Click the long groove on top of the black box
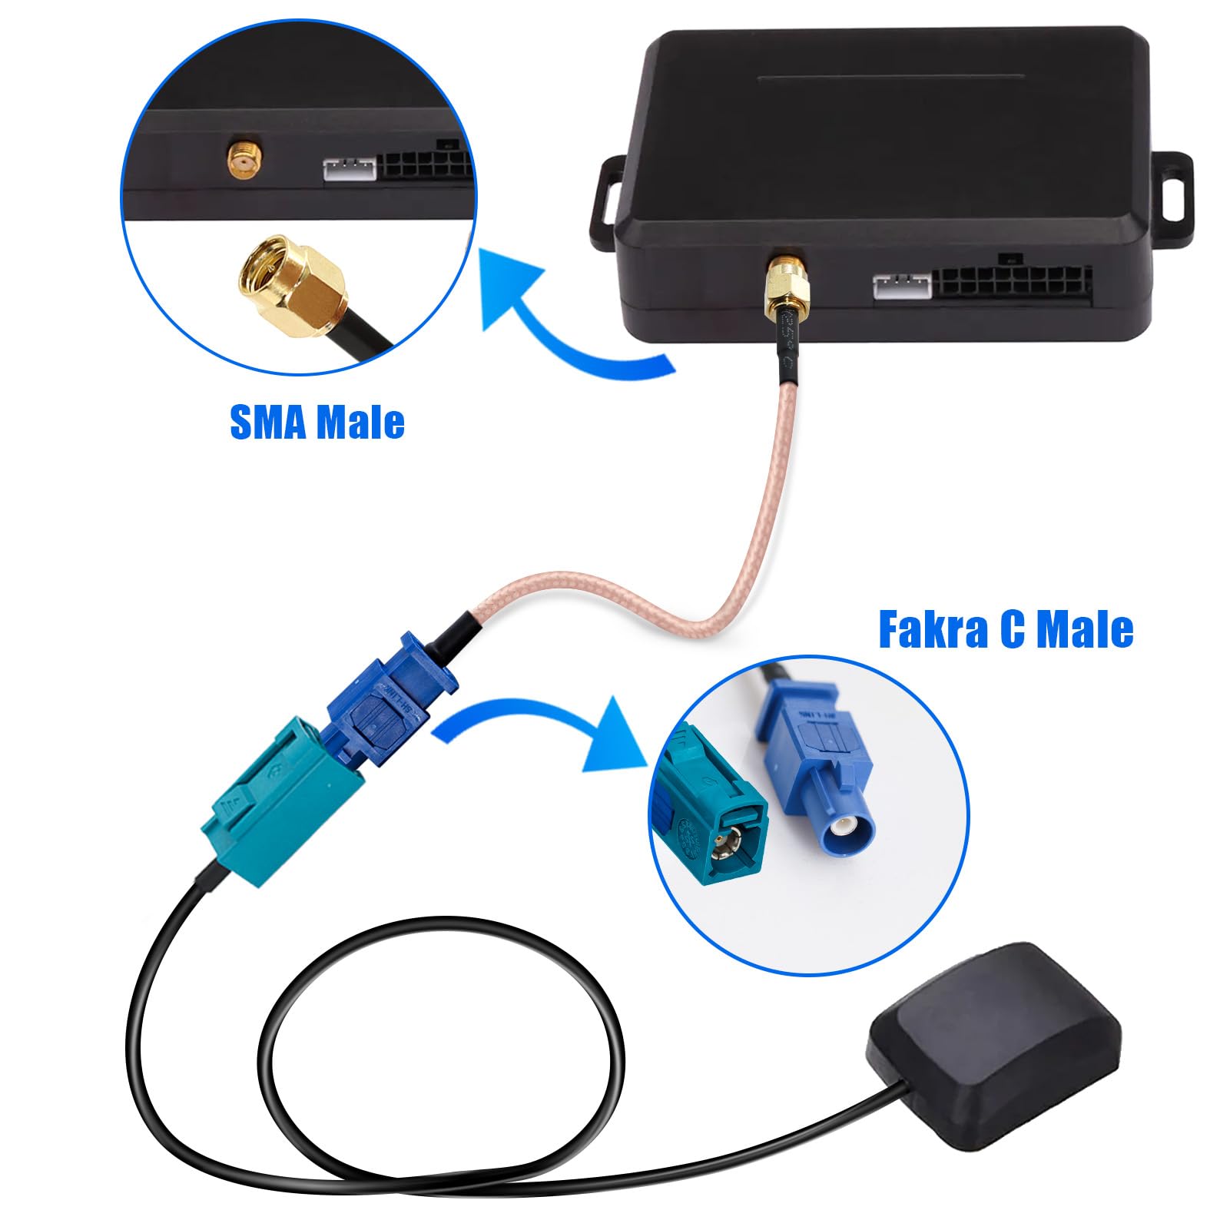(x=890, y=77)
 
